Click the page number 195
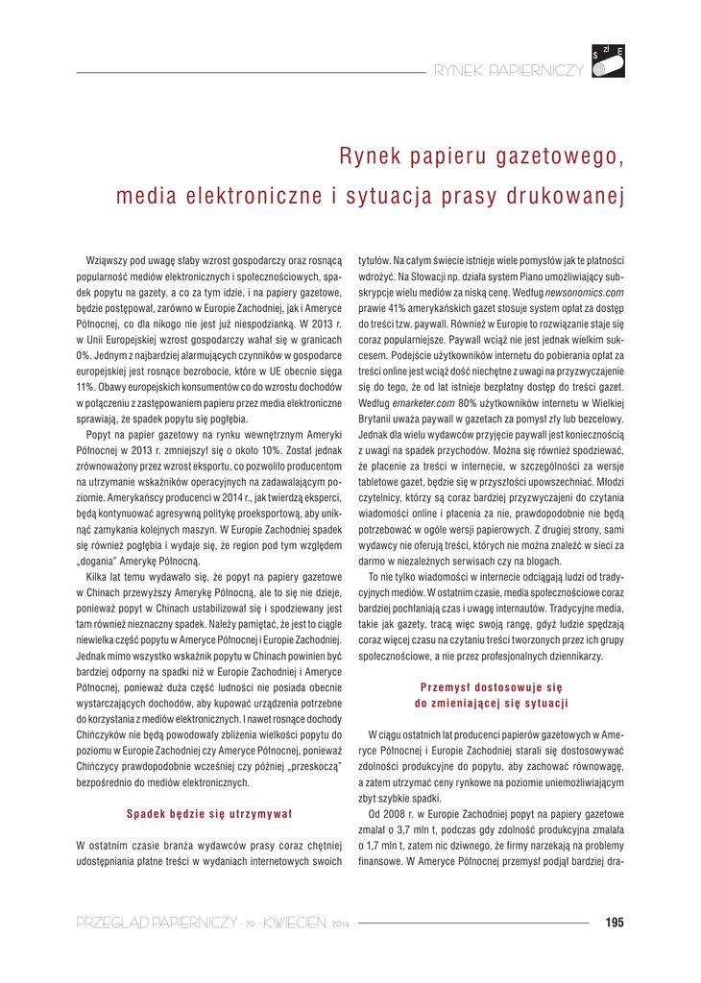point(615,923)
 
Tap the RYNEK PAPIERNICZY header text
point(509,71)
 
